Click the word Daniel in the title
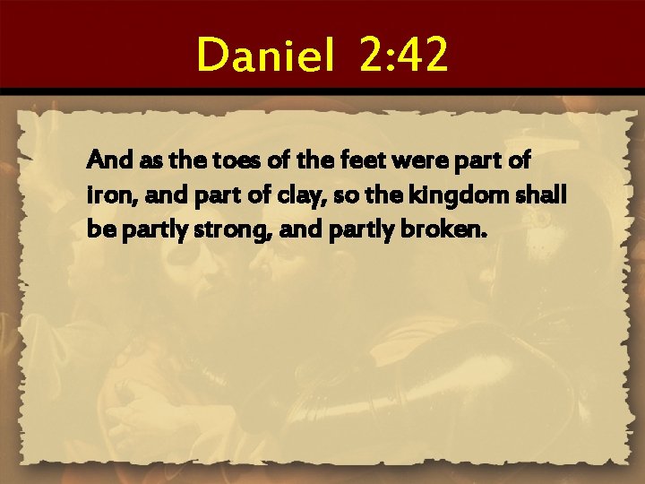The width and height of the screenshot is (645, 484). pos(268,55)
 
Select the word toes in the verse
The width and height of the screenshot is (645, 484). pos(239,162)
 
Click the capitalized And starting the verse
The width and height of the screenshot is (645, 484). pos(104,162)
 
